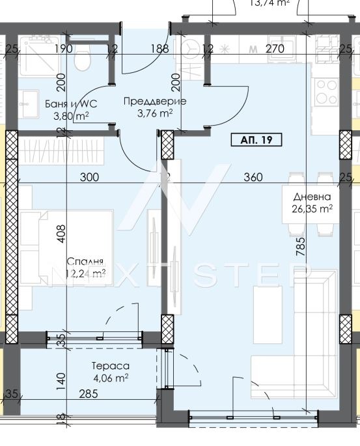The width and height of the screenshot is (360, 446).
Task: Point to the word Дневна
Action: point(312,197)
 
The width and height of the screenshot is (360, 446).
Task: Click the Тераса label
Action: point(110,366)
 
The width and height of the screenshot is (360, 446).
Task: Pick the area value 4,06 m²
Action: point(110,377)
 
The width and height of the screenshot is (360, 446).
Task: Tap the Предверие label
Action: point(155,101)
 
